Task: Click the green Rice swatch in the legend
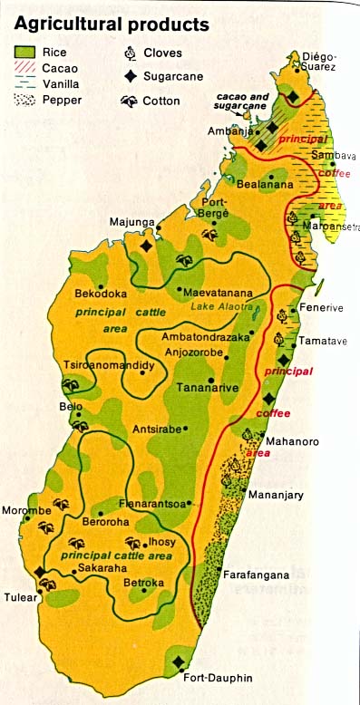click(26, 52)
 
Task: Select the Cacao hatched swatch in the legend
click(26, 68)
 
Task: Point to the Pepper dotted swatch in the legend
click(26, 101)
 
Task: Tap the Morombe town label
click(27, 511)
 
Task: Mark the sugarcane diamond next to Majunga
click(146, 245)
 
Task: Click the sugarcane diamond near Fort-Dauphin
click(179, 662)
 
